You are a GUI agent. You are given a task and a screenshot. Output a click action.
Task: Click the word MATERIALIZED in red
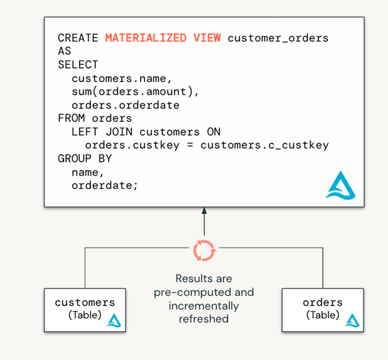[x=146, y=38]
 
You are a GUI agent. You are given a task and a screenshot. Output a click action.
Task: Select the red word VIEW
[x=207, y=38]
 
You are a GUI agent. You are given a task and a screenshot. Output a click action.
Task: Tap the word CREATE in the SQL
[x=78, y=38]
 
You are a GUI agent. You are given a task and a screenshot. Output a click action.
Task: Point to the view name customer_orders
[x=278, y=38]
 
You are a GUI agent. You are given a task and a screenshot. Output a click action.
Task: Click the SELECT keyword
[x=78, y=65]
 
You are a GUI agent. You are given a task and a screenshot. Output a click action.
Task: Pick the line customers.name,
[x=122, y=78]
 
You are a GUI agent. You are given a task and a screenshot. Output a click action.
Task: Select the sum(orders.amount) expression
[x=135, y=92]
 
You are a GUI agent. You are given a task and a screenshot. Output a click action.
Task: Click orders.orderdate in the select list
[x=125, y=105]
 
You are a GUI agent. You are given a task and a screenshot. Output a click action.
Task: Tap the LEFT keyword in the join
[x=85, y=132]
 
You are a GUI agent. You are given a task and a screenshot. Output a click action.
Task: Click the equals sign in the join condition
[x=190, y=145]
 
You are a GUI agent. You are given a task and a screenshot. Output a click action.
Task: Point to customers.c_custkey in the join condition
[x=264, y=145]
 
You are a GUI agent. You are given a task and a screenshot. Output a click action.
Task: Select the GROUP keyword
[x=75, y=158]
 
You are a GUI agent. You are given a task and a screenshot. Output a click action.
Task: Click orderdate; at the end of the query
[x=105, y=185]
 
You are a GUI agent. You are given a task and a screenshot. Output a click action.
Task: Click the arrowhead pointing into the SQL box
[x=204, y=211]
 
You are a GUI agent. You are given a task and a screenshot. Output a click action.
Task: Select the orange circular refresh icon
[x=204, y=250]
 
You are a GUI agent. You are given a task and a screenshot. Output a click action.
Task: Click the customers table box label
[x=85, y=303]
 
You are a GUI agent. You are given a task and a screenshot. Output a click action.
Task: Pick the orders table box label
[x=322, y=303]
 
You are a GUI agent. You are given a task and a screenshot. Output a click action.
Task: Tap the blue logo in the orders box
[x=352, y=321]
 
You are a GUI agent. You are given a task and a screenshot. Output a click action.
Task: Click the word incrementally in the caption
[x=204, y=306]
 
